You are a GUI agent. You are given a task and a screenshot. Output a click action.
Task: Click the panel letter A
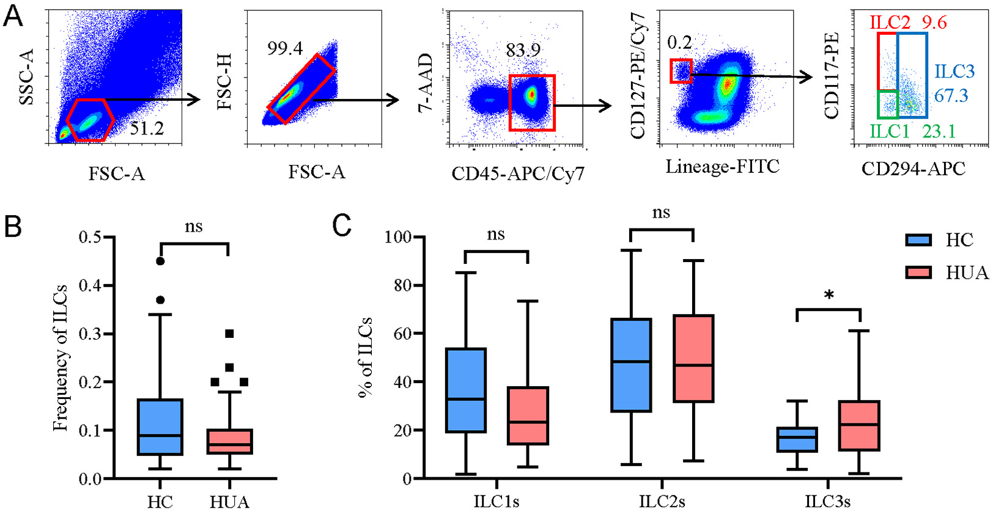(13, 15)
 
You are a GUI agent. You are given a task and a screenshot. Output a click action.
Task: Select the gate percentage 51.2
(147, 128)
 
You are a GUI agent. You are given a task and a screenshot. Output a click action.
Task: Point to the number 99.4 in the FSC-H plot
(285, 49)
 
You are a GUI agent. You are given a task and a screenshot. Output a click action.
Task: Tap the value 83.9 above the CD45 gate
(523, 50)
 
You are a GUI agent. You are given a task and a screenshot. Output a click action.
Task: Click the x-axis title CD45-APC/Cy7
(518, 174)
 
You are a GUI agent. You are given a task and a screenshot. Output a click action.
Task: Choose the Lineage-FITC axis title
(723, 167)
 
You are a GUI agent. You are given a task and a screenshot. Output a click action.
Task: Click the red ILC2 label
(890, 23)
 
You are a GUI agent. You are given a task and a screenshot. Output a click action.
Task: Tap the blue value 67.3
(951, 95)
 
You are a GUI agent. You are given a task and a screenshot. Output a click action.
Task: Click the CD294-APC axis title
(914, 169)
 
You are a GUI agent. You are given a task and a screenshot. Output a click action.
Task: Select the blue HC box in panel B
(160, 427)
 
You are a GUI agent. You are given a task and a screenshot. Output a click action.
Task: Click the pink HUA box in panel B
(229, 441)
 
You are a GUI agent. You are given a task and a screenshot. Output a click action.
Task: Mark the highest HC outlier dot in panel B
(160, 261)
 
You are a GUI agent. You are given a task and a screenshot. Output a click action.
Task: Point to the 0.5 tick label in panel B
(90, 237)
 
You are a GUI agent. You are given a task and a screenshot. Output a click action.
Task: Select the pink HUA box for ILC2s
(693, 359)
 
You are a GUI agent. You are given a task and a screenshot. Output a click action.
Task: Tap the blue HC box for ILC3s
(797, 439)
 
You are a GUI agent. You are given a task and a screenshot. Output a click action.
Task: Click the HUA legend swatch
(918, 272)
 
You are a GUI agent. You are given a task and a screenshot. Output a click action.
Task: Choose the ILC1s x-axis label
(497, 502)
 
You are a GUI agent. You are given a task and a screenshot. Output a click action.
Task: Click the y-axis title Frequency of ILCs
(60, 358)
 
